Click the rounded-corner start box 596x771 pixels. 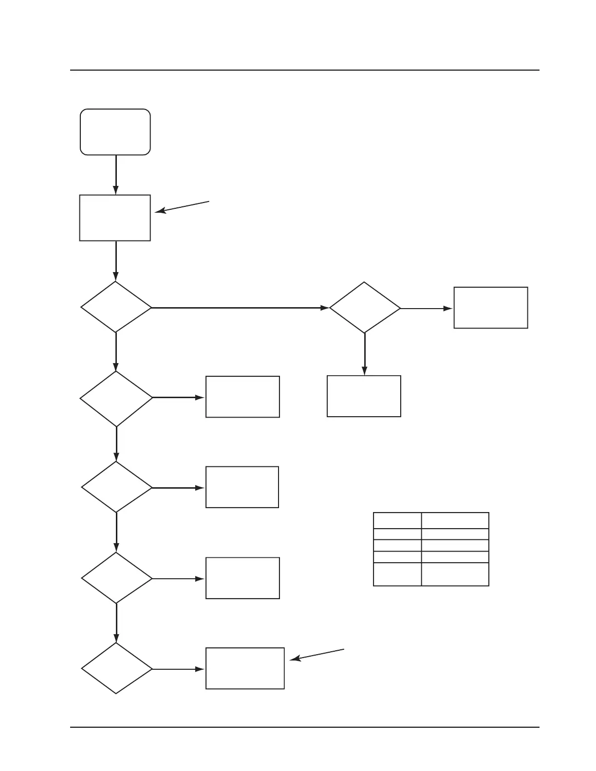click(115, 132)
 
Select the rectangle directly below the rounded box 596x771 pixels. click(115, 218)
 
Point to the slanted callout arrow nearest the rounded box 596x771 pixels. click(182, 206)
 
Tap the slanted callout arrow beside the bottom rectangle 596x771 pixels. click(317, 655)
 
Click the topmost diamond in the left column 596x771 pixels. click(116, 307)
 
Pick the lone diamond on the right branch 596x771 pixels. click(365, 308)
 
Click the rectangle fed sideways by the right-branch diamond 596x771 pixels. click(491, 308)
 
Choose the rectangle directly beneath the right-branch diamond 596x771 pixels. click(364, 396)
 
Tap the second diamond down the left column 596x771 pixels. click(116, 399)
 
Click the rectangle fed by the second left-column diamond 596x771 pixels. click(242, 396)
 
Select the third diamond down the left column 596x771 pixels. click(116, 487)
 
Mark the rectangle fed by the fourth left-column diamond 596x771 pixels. click(242, 578)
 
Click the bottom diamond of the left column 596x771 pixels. click(116, 668)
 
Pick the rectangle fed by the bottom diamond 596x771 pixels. click(245, 668)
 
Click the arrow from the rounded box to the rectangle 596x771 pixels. click(116, 175)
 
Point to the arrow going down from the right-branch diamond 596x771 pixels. click(364, 354)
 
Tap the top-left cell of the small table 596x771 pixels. click(397, 520)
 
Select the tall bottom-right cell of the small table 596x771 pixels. click(455, 574)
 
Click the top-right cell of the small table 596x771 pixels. click(455, 520)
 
